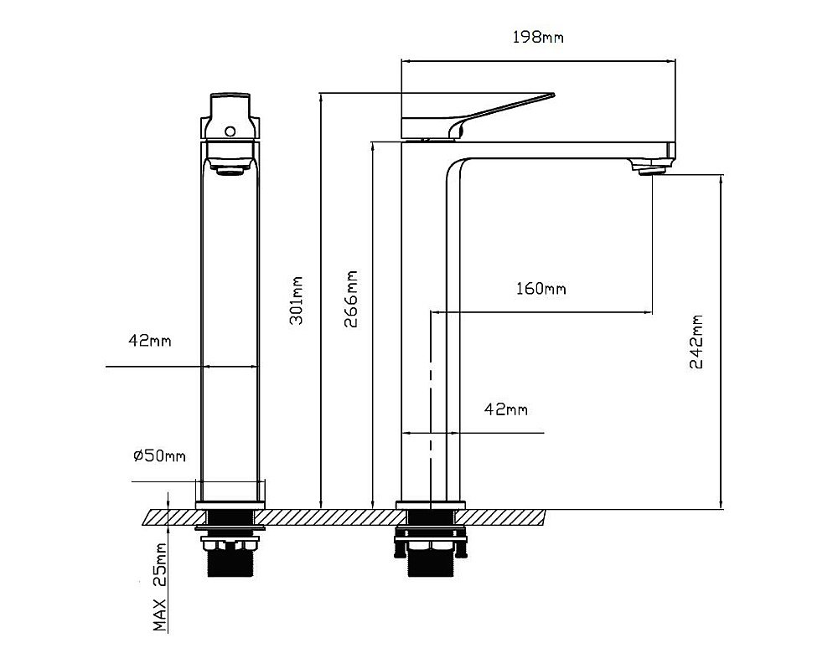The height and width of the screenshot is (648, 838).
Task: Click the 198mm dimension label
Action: tap(538, 38)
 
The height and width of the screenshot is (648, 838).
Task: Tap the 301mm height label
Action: tap(296, 300)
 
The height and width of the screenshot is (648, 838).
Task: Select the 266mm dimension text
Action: tap(350, 299)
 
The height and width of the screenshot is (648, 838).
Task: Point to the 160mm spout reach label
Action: tap(541, 289)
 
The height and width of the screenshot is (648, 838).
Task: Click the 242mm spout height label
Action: tap(696, 342)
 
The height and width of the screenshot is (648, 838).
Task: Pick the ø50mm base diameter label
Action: tap(159, 455)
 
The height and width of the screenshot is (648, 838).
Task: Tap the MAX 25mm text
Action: tap(160, 587)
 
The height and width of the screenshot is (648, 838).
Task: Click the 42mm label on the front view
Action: tap(150, 340)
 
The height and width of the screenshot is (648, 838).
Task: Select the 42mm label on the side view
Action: tap(505, 409)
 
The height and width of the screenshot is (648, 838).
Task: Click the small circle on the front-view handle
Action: tap(230, 131)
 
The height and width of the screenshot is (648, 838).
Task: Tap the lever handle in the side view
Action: tap(478, 114)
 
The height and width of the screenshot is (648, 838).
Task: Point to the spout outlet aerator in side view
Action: tap(650, 169)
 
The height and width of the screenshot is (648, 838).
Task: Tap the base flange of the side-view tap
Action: tap(430, 505)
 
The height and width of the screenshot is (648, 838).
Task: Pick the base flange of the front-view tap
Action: tap(230, 505)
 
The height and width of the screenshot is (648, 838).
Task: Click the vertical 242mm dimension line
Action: tap(722, 342)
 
